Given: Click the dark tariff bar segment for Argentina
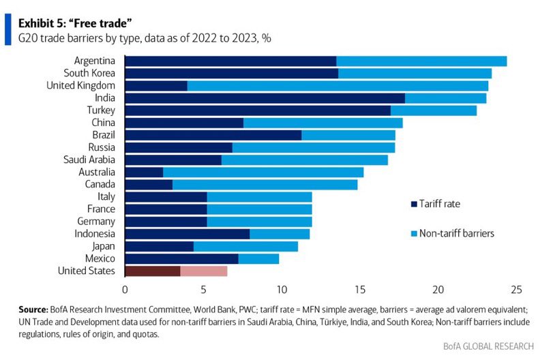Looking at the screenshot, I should pyautogui.click(x=230, y=61).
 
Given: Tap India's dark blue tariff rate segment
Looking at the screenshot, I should pyautogui.click(x=265, y=98).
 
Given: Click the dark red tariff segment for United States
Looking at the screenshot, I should pyautogui.click(x=153, y=271).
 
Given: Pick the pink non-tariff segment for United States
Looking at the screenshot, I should pyautogui.click(x=204, y=271).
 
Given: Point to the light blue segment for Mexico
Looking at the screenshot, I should pyautogui.click(x=258, y=259).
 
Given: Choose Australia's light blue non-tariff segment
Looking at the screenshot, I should pyautogui.click(x=263, y=172).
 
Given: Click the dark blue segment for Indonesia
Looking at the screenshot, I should pyautogui.click(x=187, y=234).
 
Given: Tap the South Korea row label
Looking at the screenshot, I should pyautogui.click(x=89, y=73).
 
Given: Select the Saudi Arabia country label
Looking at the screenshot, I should pyautogui.click(x=87, y=160).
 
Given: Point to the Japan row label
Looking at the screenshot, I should pyautogui.click(x=102, y=246).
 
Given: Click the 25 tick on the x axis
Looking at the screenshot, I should pyautogui.click(x=516, y=288).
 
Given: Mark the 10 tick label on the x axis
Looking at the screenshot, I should pyautogui.click(x=282, y=288).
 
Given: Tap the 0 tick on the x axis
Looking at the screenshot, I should pyautogui.click(x=125, y=288).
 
